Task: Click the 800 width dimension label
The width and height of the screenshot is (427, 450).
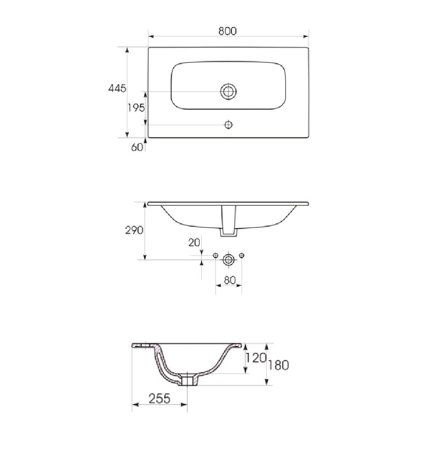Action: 227,31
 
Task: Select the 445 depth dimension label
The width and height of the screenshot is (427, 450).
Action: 117,88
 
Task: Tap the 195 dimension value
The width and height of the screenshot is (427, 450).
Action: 136,108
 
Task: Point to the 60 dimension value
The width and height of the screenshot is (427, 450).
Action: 137,147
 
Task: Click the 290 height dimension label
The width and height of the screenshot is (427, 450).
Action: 134,230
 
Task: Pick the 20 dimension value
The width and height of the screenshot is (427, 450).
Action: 194,243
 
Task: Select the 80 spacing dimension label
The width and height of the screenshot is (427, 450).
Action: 230,280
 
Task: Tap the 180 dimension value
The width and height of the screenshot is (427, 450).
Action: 279,365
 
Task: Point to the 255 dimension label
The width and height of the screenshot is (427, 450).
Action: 160,398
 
